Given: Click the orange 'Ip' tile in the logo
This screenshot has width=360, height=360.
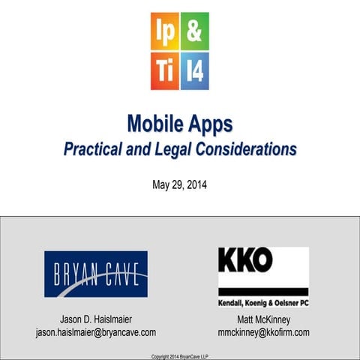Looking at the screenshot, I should coord(164,31).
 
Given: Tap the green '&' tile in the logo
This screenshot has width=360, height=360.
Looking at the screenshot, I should coord(194,31).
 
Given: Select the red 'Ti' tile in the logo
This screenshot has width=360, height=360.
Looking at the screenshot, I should coord(164,71).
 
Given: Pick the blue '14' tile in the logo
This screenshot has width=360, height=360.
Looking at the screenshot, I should coord(194,71).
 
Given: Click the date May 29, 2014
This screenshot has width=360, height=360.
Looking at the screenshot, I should coord(179,184).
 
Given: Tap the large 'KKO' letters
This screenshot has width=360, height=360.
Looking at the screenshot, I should coord(245,261).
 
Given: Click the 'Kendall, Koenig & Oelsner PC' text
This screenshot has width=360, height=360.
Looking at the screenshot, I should coord(263,302).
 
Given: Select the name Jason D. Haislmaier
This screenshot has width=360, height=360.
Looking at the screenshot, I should coord(96,319).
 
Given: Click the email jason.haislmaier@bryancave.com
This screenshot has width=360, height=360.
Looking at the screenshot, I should coord(96,332).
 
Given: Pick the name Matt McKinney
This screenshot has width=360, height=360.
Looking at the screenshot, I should coord(263,319).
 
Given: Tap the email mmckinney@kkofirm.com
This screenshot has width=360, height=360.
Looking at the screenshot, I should coord(263,332).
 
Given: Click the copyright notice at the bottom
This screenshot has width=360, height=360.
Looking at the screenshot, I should coord(180,355).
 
